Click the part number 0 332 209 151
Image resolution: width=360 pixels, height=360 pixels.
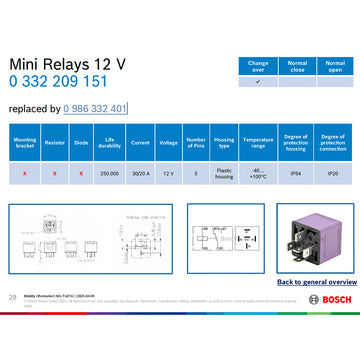point(59,82)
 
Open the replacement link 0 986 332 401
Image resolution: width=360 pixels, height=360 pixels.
point(94,108)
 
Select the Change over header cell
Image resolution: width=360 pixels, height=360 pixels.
point(258,65)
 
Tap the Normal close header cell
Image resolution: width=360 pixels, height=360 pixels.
point(297,65)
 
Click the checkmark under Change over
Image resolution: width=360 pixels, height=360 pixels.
point(258,82)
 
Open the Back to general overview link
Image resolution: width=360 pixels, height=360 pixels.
point(313,283)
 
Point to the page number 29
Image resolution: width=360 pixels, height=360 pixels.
point(12,297)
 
